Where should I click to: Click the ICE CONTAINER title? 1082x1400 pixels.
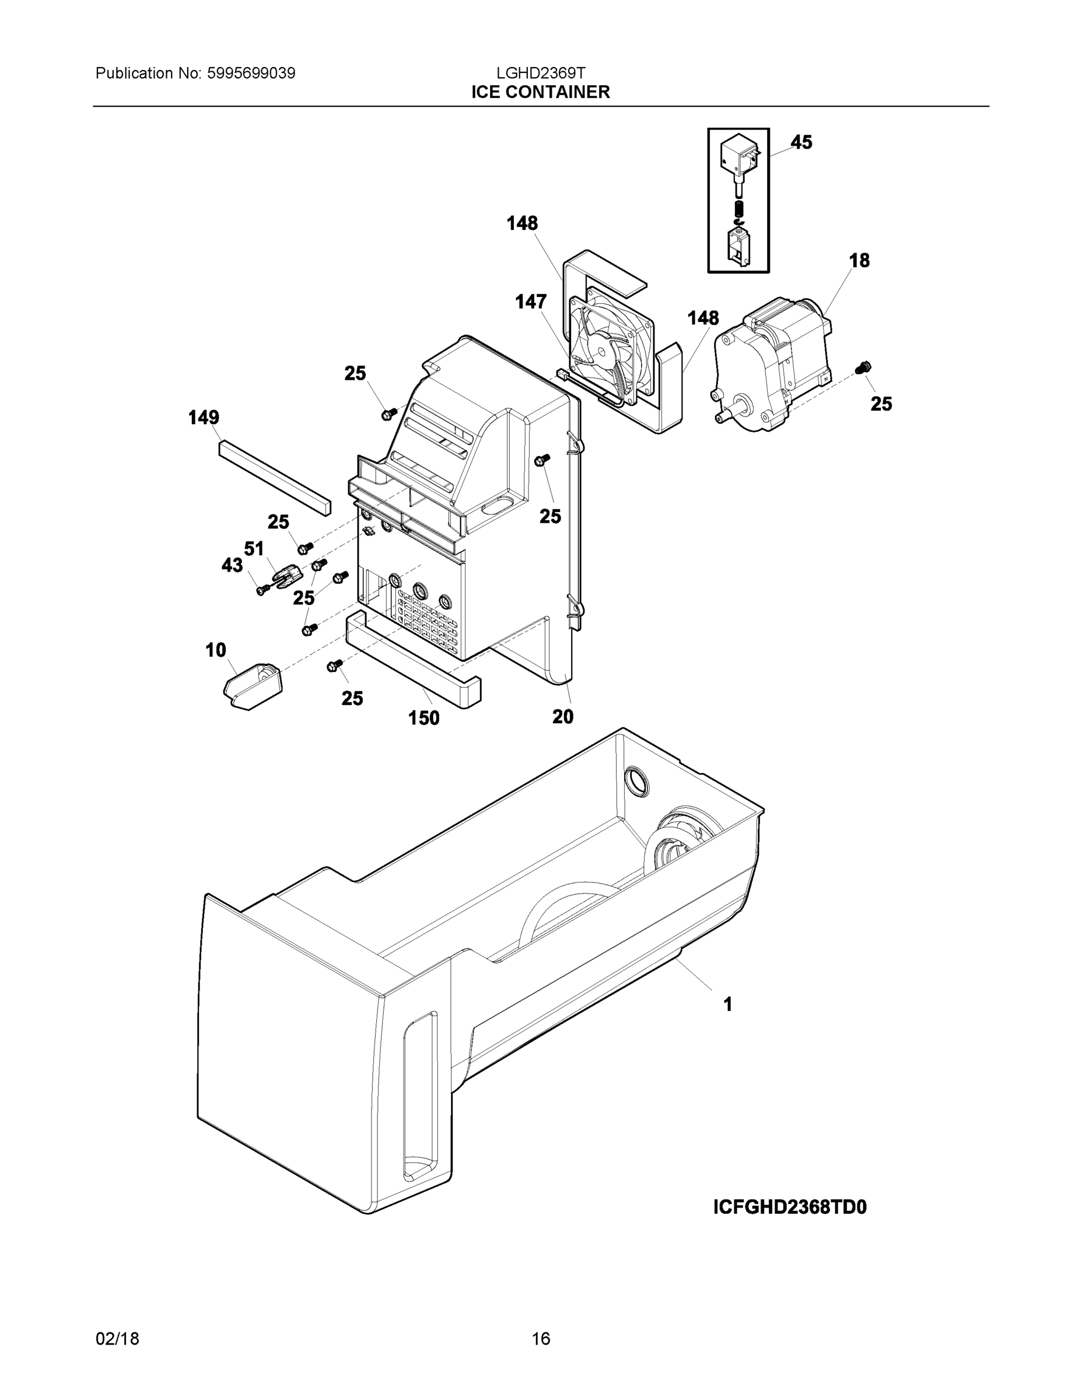coord(540,92)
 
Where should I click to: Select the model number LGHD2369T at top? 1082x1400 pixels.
coord(540,73)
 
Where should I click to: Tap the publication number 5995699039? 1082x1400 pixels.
coord(251,73)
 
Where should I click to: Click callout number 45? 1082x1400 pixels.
coord(801,142)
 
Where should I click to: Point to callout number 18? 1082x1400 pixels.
coord(859,260)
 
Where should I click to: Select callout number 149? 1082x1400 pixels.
coord(204,417)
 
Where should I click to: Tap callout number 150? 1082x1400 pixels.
coord(423,718)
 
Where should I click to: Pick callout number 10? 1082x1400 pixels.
coord(215,650)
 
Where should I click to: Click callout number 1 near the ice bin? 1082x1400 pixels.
coord(727,1005)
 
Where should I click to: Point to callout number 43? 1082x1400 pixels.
coord(232,565)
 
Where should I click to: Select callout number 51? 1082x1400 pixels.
coord(254,549)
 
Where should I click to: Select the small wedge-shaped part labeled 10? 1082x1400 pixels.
coord(253,687)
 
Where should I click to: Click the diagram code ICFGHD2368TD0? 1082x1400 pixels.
coord(790,1207)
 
